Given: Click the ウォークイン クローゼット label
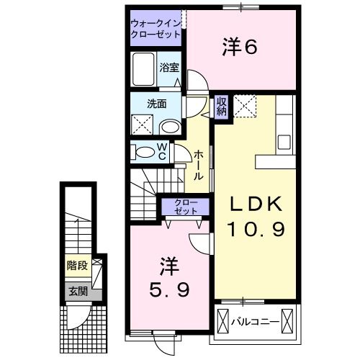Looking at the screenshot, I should coord(156,28).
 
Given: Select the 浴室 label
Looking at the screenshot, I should coord(169,70).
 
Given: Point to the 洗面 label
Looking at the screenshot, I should coord(157,104).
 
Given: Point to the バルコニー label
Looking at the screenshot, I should coord(256,320).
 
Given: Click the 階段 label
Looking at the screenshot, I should coord(78,266).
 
